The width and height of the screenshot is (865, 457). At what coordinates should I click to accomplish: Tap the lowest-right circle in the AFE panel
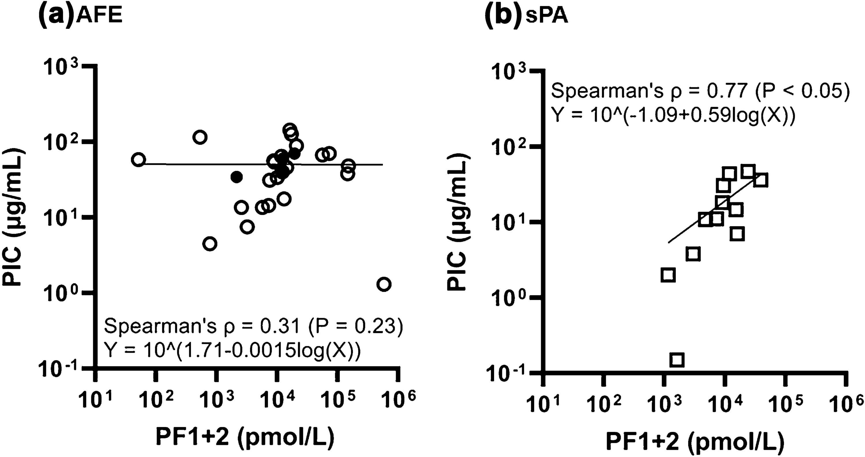point(384,284)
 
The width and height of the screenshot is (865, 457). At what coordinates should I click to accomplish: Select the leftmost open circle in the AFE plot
point(138,160)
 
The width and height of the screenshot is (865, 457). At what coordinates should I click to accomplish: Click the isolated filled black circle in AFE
point(237,177)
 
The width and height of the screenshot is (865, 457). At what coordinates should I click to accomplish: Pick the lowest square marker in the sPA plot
point(677,360)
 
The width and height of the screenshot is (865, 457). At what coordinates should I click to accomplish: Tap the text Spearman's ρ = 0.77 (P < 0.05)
point(700,90)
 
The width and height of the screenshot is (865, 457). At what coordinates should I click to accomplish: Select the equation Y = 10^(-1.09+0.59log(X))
point(673,115)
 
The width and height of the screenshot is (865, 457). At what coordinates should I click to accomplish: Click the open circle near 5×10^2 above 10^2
point(200,137)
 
